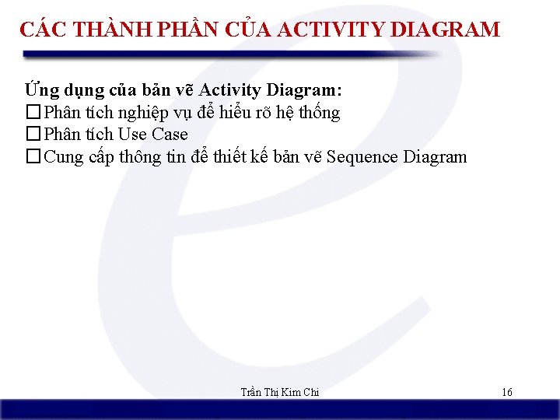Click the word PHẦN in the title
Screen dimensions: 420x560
point(187,30)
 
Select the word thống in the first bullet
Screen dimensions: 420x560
point(319,113)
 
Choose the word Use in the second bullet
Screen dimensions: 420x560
point(132,135)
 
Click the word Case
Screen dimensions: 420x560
point(170,135)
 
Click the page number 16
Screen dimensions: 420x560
point(506,392)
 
